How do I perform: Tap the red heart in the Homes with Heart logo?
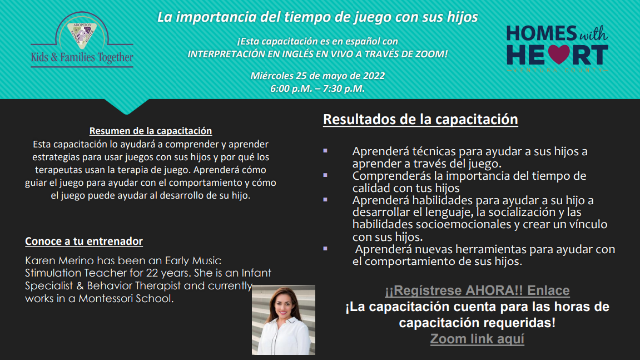(x=558, y=55)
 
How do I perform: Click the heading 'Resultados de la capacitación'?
(x=420, y=119)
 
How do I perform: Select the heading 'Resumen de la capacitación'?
(x=151, y=131)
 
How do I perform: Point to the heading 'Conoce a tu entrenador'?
(x=84, y=241)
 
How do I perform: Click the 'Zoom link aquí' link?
(x=477, y=339)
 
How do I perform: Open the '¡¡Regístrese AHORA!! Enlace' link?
(x=477, y=290)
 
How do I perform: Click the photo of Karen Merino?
(x=283, y=319)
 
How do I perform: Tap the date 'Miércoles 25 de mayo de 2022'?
(x=317, y=76)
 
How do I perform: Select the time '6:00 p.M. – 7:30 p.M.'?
(x=317, y=88)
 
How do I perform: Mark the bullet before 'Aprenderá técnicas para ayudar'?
(x=325, y=151)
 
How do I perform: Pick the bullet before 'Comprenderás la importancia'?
(x=325, y=175)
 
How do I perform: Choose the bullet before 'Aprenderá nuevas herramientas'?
(x=325, y=249)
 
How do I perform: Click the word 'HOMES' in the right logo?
(x=542, y=33)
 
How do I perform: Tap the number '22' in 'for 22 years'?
(x=152, y=273)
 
